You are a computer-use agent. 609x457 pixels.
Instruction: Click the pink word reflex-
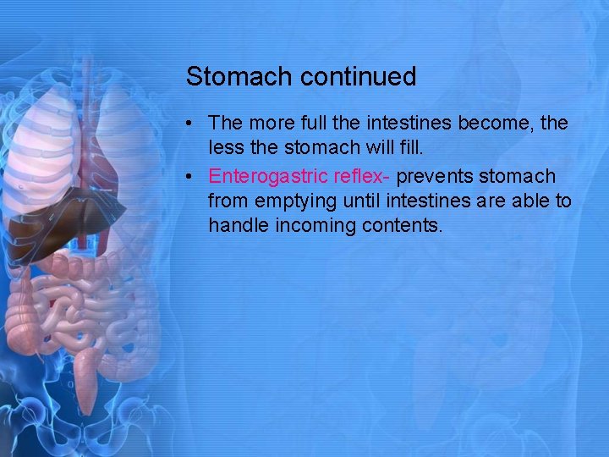(x=356, y=176)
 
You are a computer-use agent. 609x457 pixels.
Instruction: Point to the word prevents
(x=434, y=176)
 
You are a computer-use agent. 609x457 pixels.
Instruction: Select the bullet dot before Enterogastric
(x=194, y=177)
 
